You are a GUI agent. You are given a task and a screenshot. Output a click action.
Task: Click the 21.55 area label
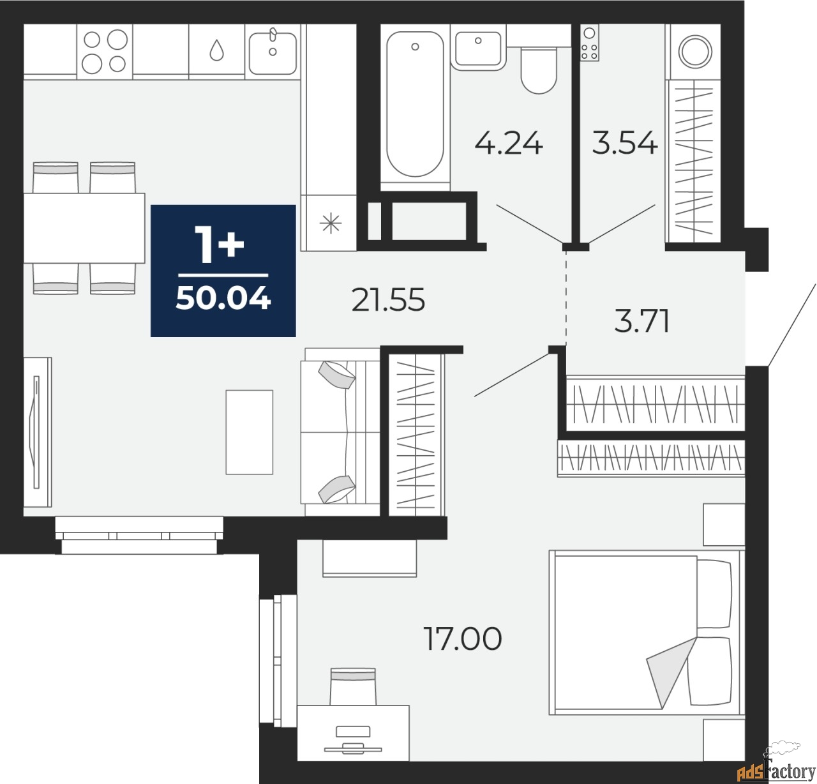click(388, 300)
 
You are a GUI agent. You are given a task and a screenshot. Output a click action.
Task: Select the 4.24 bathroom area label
click(509, 144)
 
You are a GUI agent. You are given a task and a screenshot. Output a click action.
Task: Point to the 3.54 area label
click(624, 143)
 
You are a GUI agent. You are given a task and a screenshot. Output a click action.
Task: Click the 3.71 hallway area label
click(641, 321)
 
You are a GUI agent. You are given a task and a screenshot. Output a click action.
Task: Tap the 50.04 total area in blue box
click(223, 299)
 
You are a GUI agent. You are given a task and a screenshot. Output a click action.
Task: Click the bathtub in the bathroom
click(415, 105)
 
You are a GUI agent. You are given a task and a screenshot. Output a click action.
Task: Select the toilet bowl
click(539, 71)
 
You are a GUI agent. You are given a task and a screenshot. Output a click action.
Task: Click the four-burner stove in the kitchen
click(105, 52)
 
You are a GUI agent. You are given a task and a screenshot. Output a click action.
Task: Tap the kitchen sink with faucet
click(273, 52)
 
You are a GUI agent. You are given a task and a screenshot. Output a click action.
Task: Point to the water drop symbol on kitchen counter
click(216, 50)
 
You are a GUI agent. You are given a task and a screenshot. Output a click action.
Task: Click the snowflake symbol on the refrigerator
click(331, 223)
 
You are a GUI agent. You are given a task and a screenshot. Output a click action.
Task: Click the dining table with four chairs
click(84, 228)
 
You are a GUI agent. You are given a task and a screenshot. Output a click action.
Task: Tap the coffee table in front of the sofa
click(250, 432)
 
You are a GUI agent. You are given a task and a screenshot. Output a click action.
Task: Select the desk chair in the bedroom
click(353, 686)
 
